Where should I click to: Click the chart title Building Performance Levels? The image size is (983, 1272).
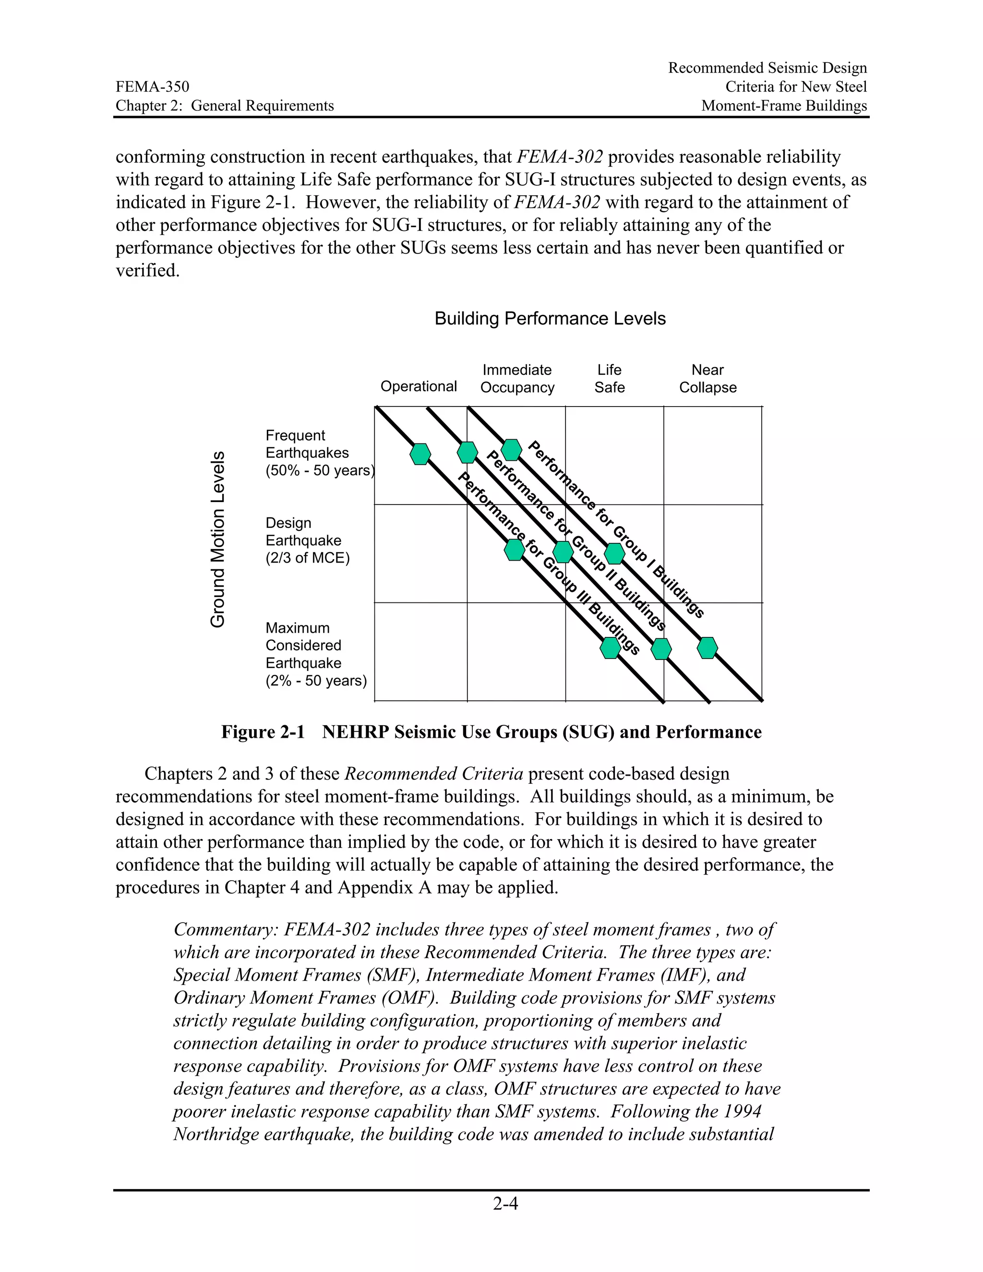[x=550, y=319]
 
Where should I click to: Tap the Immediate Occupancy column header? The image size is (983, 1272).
[x=517, y=379]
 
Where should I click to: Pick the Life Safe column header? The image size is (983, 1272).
[x=609, y=379]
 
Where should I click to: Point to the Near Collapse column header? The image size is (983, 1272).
[x=707, y=379]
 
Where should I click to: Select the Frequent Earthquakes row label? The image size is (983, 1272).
[x=319, y=453]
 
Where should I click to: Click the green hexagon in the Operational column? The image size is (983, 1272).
[x=420, y=454]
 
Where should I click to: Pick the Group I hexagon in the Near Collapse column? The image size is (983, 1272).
[x=707, y=648]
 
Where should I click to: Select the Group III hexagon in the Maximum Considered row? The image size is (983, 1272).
[x=610, y=648]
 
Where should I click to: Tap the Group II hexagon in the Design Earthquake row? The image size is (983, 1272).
[x=563, y=552]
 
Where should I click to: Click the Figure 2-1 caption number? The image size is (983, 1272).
[x=263, y=732]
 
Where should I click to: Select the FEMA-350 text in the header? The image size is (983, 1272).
[x=152, y=87]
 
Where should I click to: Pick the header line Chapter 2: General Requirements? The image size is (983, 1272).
[x=224, y=106]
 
